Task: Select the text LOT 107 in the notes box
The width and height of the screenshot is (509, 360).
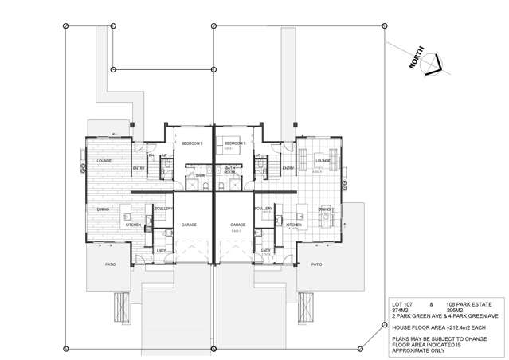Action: pos(403,304)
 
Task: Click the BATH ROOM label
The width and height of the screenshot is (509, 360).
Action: pos(229,169)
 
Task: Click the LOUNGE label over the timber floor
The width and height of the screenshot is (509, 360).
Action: pos(104,161)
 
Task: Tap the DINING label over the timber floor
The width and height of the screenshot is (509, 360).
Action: pos(104,209)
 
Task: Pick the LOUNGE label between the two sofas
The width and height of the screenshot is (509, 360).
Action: pos(323,160)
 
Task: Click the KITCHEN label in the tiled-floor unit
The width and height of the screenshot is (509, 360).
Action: pos(294,225)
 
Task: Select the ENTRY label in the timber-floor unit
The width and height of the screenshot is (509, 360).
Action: pos(139,168)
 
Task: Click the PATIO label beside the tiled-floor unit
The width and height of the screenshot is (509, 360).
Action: pos(316,264)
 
